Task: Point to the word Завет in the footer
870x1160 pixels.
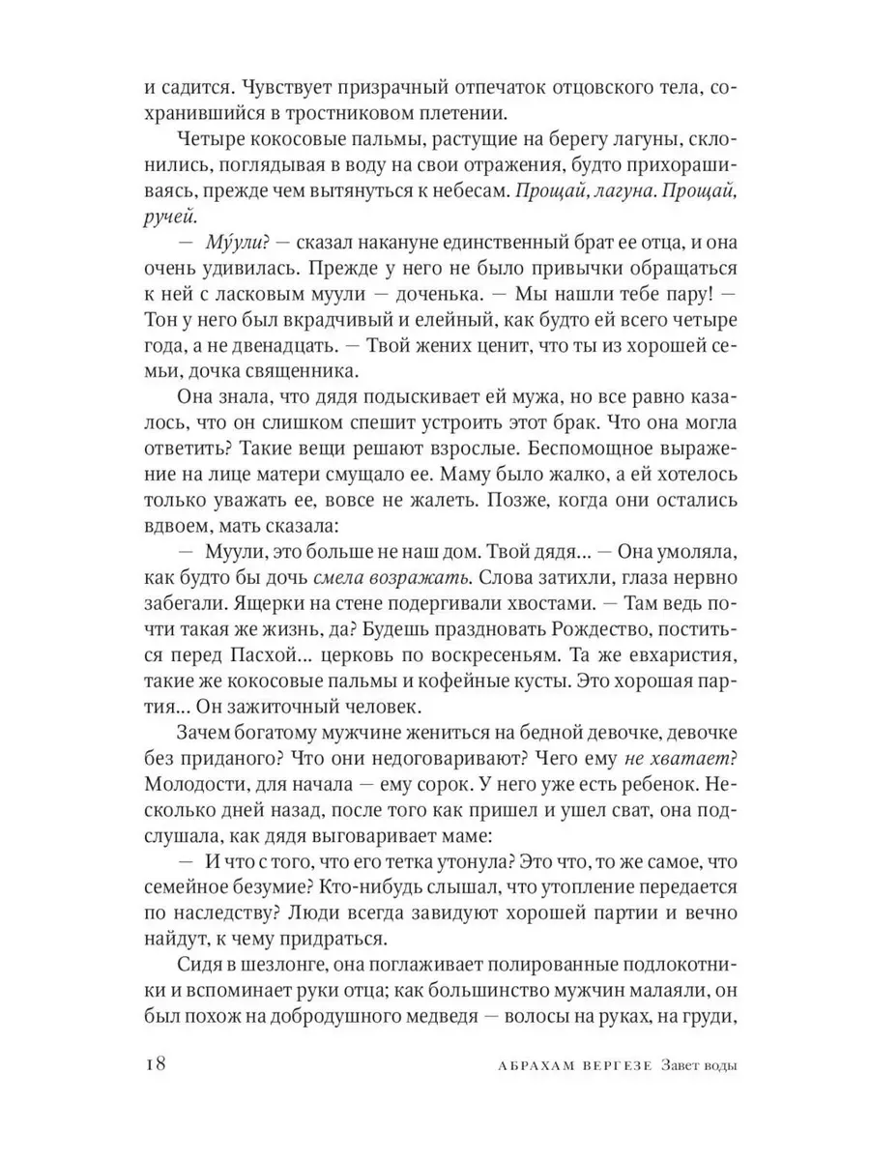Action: pos(684,1067)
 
